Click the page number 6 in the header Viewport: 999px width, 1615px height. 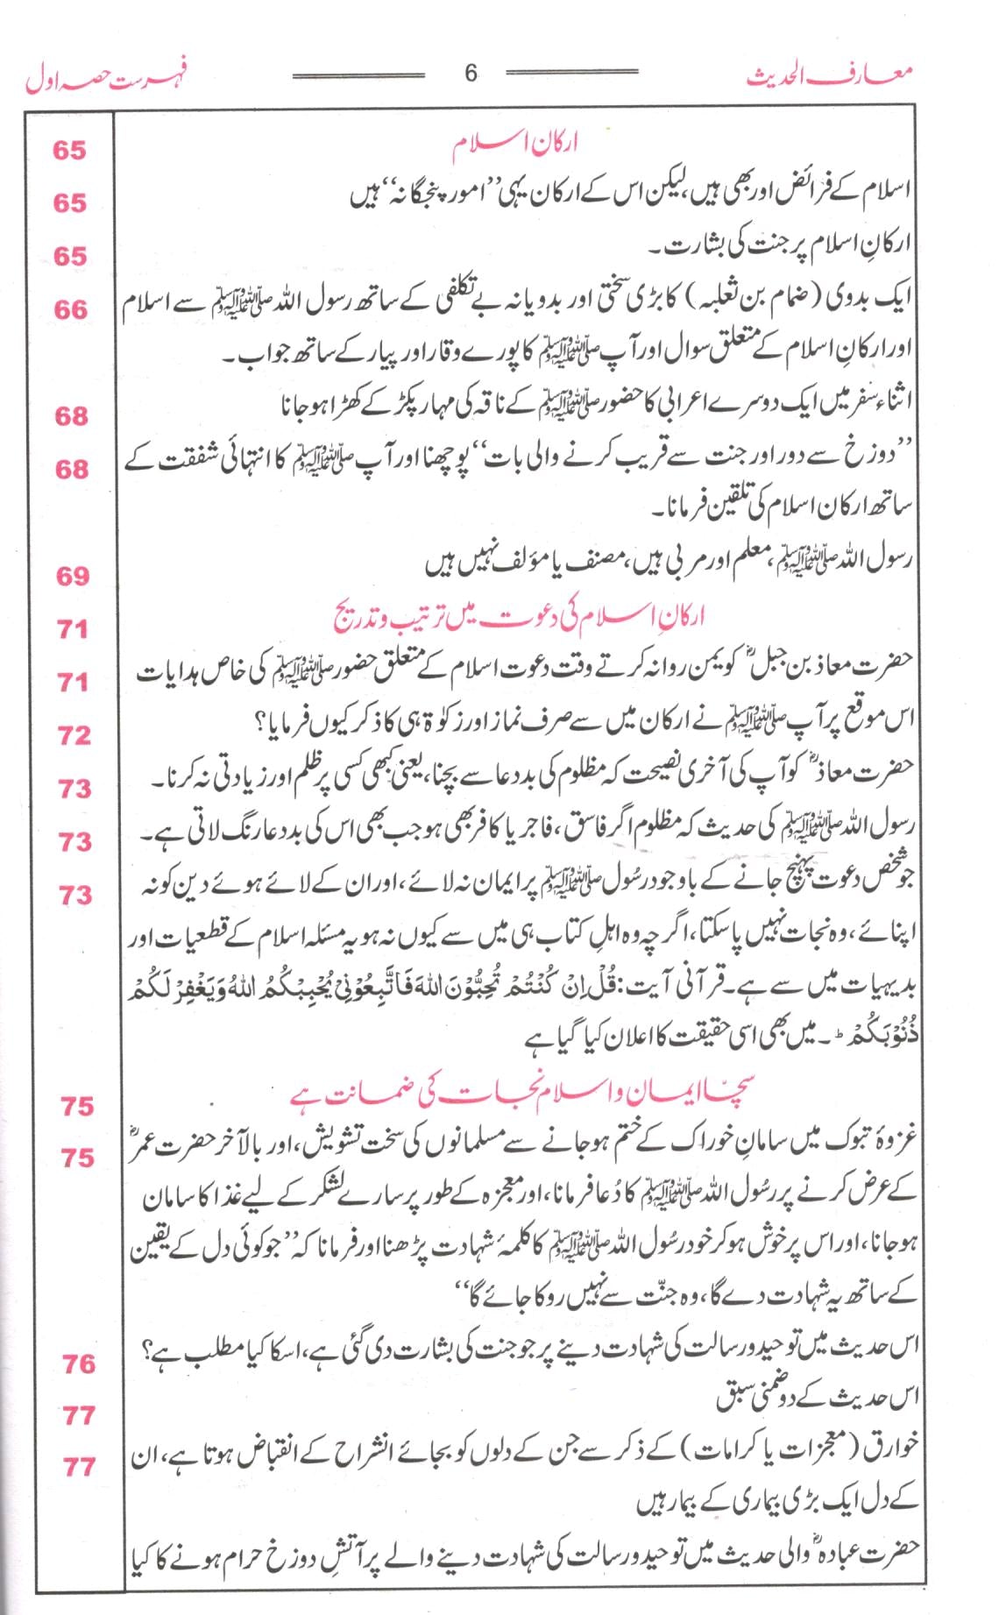coord(471,74)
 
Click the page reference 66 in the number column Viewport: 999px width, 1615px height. coord(70,309)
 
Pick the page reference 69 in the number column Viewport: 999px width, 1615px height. coord(71,576)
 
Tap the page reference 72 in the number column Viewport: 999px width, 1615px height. coord(74,735)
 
